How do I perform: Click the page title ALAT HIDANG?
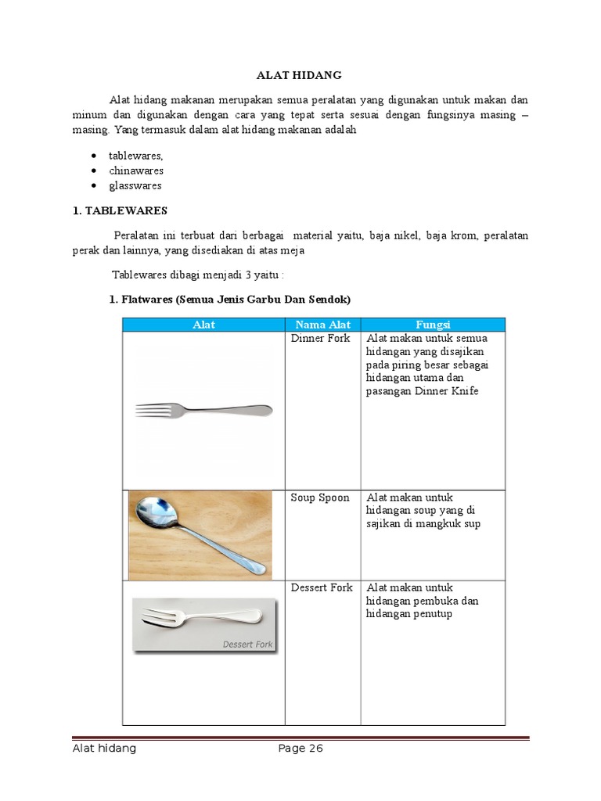[300, 75]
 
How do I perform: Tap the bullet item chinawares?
[136, 171]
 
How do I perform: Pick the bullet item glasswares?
[135, 185]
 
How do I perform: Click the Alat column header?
[203, 324]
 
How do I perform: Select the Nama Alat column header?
[322, 324]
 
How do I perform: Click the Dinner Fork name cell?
[320, 338]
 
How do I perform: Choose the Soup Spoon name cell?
[319, 497]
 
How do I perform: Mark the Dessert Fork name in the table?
[322, 587]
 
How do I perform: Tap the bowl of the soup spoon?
[154, 512]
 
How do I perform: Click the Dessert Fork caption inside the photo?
[247, 645]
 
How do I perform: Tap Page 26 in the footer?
[300, 748]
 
